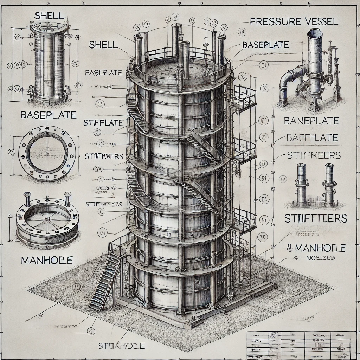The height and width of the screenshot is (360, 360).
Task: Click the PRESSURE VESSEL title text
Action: coord(294,22)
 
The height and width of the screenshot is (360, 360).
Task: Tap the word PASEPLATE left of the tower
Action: coord(104,73)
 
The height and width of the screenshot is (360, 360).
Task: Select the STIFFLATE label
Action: coord(103,123)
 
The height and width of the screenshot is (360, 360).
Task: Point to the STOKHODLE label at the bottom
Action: coord(121,346)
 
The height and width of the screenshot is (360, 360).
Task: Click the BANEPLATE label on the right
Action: coord(311,121)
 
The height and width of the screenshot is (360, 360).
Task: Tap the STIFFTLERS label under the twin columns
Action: coord(315,219)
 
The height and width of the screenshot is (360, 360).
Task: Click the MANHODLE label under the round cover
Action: coord(47,260)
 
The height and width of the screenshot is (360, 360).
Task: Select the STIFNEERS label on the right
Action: coord(314,155)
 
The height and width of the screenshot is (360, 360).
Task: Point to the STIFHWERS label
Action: coord(104,156)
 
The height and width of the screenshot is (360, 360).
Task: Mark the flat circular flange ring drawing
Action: coord(47,154)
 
